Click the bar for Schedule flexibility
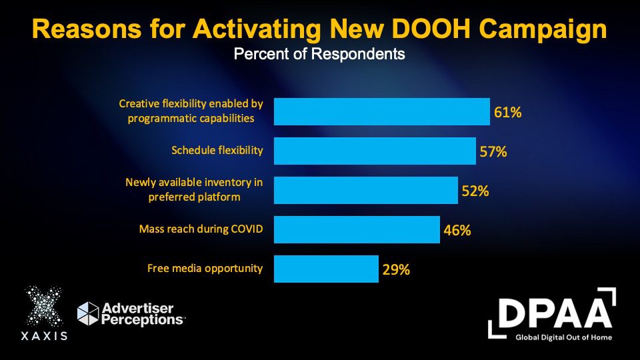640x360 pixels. coord(375,151)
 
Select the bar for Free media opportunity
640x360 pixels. coord(326,269)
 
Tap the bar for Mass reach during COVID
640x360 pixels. coord(357,230)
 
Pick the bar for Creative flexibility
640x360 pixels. coord(381,112)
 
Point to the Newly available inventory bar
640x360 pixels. coord(366,191)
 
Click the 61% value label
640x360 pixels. coord(507,112)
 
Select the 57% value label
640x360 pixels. coord(493,151)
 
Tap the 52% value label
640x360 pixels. coord(475,191)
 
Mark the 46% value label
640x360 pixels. coord(457,231)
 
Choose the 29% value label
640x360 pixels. coord(396,270)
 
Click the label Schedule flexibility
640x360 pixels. coord(217,151)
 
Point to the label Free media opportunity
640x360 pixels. coord(205,269)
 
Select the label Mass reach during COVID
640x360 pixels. coord(201,229)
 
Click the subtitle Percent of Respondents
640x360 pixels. coord(319,54)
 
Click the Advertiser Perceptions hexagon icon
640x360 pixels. coord(87,313)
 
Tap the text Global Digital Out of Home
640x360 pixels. coord(564,337)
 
